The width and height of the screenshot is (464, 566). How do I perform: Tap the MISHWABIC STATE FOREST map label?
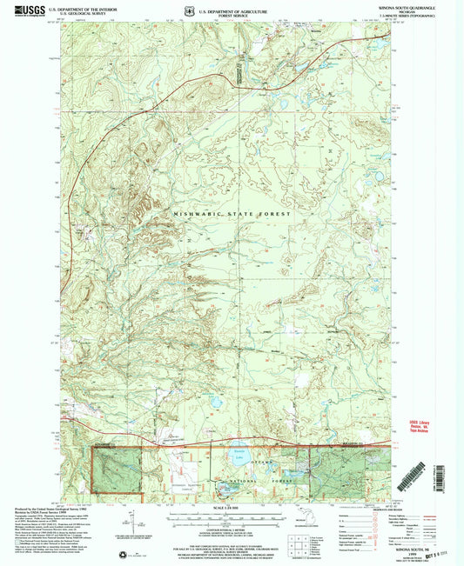232,212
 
